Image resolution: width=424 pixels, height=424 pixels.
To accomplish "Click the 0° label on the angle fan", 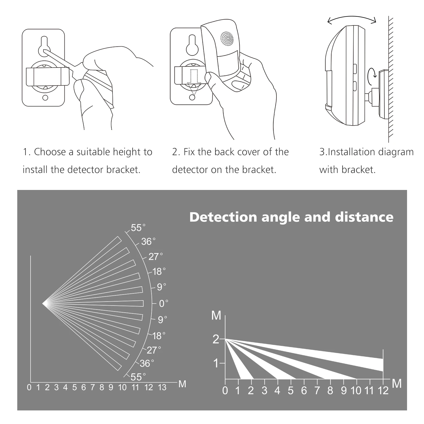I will [x=163, y=304].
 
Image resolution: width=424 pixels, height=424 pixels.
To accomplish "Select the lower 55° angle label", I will [x=138, y=377].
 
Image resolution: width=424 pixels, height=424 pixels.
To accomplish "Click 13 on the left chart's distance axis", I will [x=162, y=388].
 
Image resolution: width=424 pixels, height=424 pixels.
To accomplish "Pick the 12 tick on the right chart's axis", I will [x=383, y=391].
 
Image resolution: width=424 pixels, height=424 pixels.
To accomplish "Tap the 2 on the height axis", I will [x=216, y=339].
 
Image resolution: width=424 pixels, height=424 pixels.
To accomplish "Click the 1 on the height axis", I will [x=216, y=363].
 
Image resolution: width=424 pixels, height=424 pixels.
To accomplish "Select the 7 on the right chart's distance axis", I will [x=317, y=391].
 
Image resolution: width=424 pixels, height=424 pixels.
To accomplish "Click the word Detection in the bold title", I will [x=223, y=217].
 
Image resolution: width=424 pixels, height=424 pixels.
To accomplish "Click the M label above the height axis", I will [x=216, y=315].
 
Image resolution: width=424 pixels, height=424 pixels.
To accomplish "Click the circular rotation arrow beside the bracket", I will [x=372, y=74].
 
